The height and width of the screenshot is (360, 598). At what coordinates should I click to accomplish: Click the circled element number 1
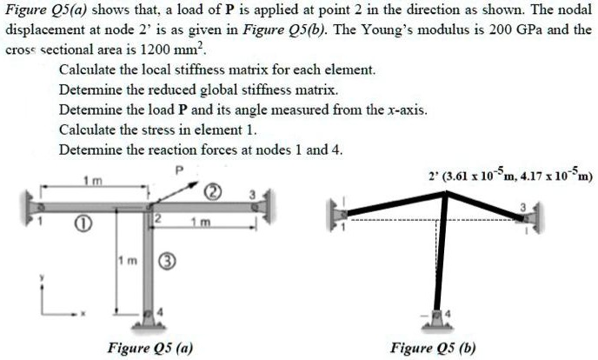pyautogui.click(x=81, y=224)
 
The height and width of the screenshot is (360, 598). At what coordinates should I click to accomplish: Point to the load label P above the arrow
pyautogui.click(x=180, y=170)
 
